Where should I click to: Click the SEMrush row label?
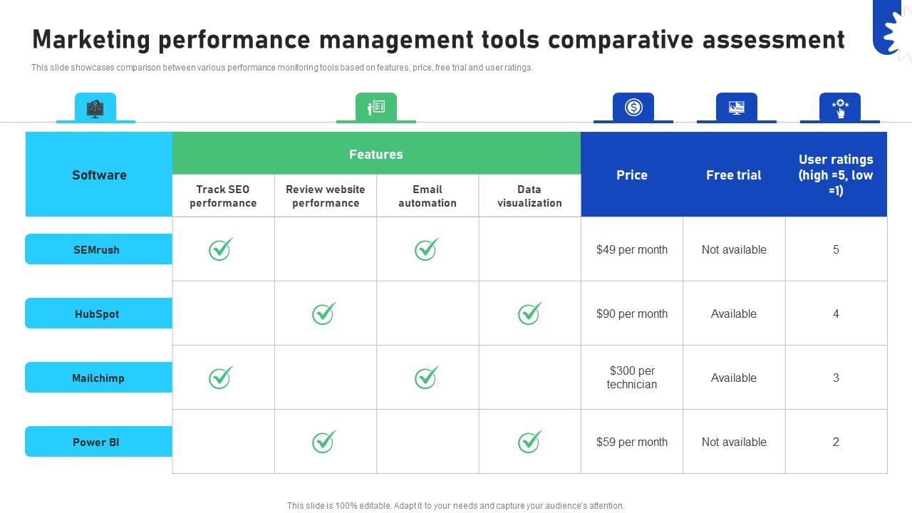[97, 249]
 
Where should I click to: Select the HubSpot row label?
[97, 313]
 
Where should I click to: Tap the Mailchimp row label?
[98, 378]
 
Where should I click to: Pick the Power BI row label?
[96, 442]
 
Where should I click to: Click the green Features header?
[376, 154]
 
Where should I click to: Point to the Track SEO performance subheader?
[223, 196]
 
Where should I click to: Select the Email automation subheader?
[427, 196]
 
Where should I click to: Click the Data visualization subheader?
[529, 196]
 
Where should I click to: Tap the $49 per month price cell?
[632, 249]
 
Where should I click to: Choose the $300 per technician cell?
[632, 378]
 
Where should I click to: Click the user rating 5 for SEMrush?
[836, 249]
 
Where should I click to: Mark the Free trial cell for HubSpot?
[734, 313]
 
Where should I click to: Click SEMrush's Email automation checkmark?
[426, 249]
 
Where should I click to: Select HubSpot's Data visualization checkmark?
[529, 313]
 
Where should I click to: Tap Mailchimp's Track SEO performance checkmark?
[220, 378]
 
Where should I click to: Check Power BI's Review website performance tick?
[323, 442]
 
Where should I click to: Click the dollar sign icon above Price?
[633, 107]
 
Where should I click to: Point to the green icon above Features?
[376, 107]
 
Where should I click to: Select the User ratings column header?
[836, 175]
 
